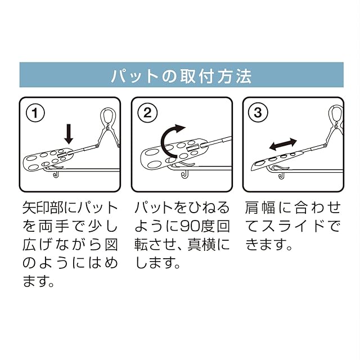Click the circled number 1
35,112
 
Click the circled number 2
147,112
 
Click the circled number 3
258,112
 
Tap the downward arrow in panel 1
69,134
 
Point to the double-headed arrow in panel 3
283,145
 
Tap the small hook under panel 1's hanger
56,174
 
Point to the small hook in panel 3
281,175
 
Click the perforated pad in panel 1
48,159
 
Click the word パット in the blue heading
135,76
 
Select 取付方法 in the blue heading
216,76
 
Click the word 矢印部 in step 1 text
44,208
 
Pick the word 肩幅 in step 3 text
260,208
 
